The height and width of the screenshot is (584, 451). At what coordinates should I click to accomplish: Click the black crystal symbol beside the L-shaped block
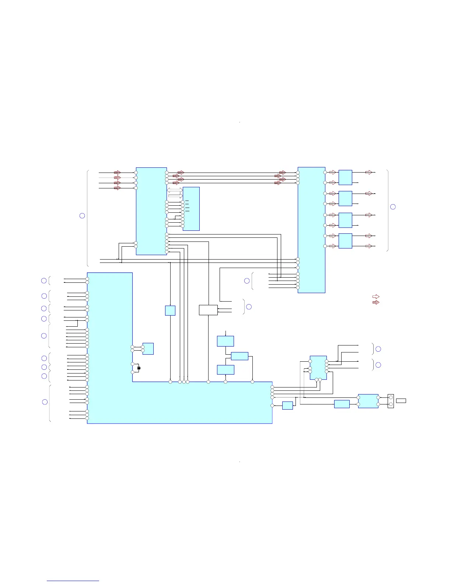tap(139, 368)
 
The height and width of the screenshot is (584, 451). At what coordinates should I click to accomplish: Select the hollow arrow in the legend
tap(376, 296)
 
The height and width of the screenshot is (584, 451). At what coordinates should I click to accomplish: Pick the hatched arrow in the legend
tap(376, 302)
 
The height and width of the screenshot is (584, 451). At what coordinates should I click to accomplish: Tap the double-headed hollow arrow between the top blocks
tap(175, 190)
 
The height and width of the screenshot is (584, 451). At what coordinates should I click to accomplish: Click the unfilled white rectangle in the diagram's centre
tap(208, 310)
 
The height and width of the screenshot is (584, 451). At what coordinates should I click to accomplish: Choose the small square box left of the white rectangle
tap(170, 310)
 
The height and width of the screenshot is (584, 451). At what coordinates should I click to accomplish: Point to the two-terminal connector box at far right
tap(391, 401)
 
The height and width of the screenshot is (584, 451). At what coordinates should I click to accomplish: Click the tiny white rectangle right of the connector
tap(401, 401)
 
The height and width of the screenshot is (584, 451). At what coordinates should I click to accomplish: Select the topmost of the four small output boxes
tap(345, 177)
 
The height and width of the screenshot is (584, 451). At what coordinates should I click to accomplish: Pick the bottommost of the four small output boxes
tap(345, 241)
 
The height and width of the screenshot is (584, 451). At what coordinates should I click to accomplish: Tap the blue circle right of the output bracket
tap(393, 206)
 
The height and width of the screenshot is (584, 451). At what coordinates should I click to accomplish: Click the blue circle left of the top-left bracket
tap(82, 216)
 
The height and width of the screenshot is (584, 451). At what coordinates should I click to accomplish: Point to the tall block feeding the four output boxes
tap(311, 230)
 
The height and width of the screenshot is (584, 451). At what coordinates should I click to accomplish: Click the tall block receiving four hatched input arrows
tap(151, 211)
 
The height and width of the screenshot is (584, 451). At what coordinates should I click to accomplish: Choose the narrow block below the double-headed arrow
tap(191, 209)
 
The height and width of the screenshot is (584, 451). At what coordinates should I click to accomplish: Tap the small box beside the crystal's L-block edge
tap(148, 349)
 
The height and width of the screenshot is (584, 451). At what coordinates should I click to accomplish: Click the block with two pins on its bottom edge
tap(318, 367)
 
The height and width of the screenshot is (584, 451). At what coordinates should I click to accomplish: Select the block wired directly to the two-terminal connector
tap(368, 401)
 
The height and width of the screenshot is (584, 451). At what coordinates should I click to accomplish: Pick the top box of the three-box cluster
tap(225, 341)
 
